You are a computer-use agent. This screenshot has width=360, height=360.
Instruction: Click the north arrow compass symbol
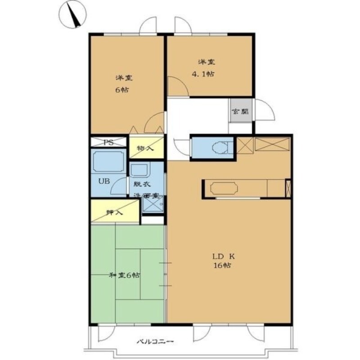tap(72, 15)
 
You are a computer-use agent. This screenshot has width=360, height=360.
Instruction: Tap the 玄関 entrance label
tap(240, 112)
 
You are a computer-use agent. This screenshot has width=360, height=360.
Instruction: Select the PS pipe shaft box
tap(108, 142)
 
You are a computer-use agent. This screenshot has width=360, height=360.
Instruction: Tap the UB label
tap(104, 181)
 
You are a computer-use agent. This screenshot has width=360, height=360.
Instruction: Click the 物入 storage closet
tap(147, 148)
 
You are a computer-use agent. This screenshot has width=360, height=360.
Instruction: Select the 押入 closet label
tap(114, 212)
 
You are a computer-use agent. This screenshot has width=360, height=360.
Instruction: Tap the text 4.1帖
tap(203, 74)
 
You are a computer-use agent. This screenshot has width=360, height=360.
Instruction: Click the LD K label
tap(223, 256)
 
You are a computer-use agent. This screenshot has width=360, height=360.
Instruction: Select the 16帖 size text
tap(222, 265)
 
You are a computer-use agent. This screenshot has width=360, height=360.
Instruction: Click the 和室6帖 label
tap(124, 275)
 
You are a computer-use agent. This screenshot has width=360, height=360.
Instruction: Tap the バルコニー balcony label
tap(155, 342)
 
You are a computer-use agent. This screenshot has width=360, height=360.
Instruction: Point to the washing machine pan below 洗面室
tap(153, 204)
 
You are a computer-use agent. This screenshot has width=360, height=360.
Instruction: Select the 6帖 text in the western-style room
tap(121, 90)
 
